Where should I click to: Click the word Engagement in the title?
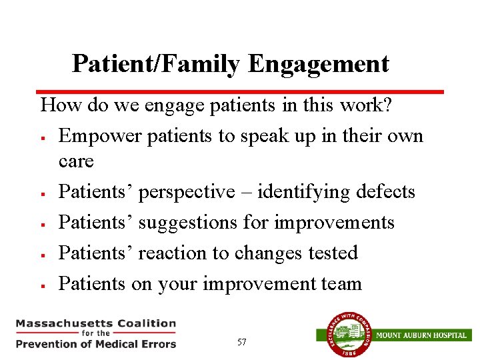click(319, 64)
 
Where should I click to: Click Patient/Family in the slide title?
click(157, 64)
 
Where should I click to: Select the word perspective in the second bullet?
click(187, 193)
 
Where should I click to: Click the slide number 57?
click(241, 342)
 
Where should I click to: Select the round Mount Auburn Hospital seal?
click(345, 335)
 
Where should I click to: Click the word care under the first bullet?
click(76, 161)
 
